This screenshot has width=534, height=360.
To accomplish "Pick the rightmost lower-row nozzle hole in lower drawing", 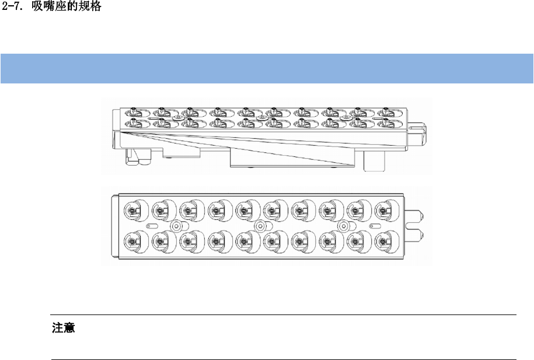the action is click(x=383, y=240).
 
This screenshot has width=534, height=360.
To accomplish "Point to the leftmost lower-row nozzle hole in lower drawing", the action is click(x=131, y=240).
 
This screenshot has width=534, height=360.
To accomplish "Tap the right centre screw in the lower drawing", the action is click(x=344, y=225).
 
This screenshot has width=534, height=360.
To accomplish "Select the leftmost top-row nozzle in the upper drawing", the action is click(x=133, y=110).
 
